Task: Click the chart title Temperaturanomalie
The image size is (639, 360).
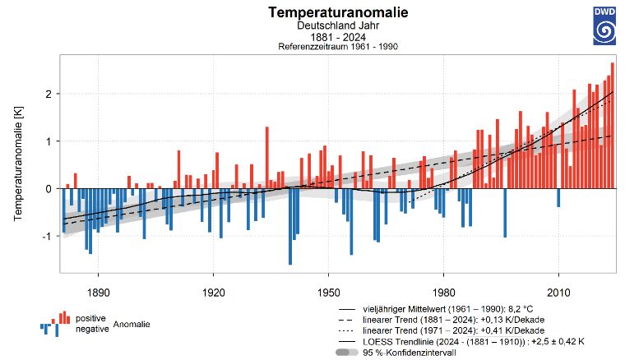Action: [326, 13]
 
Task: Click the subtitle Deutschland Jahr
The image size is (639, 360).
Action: [326, 26]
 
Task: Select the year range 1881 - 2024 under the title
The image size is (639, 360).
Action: [326, 38]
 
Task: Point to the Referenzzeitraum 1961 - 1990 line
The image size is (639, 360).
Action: [326, 48]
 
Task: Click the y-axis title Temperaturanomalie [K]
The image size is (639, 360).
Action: [18, 165]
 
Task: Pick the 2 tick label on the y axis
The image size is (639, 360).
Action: [48, 95]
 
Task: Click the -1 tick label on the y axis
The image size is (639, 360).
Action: [46, 236]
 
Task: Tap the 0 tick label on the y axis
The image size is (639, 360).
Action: [48, 189]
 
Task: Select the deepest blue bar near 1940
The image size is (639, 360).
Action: [290, 226]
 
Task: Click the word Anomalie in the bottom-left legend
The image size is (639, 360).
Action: [132, 325]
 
